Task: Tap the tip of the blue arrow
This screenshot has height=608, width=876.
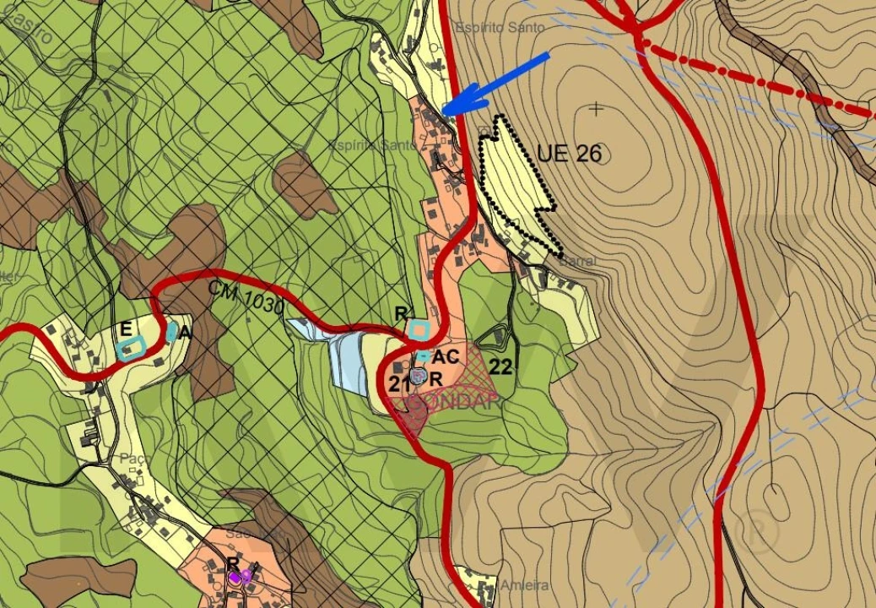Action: [x=444, y=113]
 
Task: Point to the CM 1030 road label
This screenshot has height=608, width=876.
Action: [x=246, y=296]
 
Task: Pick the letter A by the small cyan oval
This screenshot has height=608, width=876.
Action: [x=185, y=333]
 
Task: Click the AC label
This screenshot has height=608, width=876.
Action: [x=445, y=356]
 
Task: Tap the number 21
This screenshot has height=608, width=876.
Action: [x=399, y=383]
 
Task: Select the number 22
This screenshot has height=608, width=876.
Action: [x=500, y=366]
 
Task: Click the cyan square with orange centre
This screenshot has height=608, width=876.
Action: [x=418, y=329]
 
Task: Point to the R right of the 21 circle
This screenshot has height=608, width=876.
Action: [x=436, y=379]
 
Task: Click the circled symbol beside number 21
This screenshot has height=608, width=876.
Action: [x=418, y=377]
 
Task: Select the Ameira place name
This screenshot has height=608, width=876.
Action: [x=524, y=585]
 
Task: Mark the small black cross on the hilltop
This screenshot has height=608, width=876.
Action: [x=598, y=108]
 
